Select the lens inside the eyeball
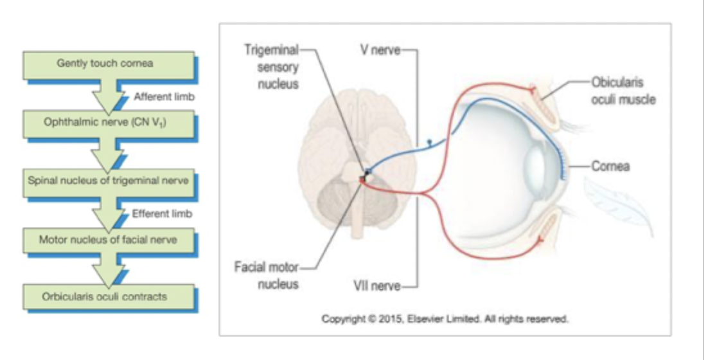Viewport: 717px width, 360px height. coord(540,163)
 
